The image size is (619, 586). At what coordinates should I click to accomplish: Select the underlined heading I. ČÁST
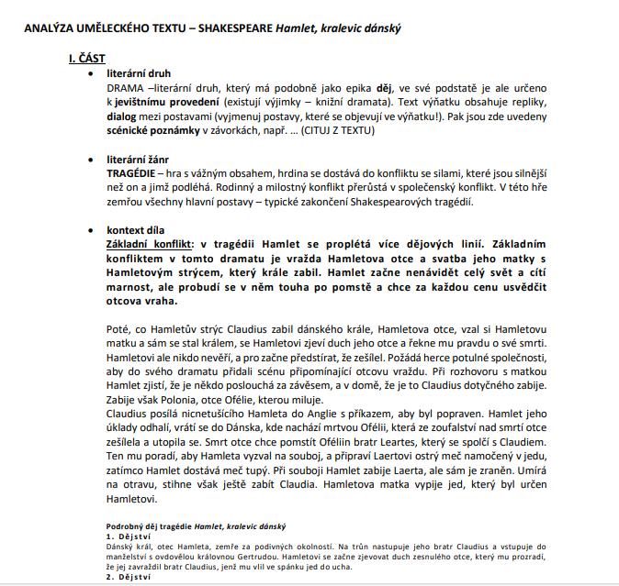point(87,59)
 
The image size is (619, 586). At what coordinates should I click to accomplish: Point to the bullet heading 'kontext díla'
point(137,229)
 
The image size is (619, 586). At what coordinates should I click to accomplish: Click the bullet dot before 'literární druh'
point(89,72)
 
